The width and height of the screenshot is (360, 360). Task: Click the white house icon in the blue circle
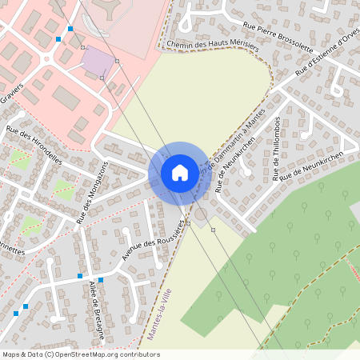[x=179, y=173]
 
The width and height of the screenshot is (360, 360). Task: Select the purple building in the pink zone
[x=97, y=61]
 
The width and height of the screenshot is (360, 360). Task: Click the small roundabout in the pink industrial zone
[x=47, y=58]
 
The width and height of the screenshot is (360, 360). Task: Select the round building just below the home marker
[x=199, y=214]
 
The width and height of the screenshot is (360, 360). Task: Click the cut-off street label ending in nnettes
[x=13, y=249]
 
